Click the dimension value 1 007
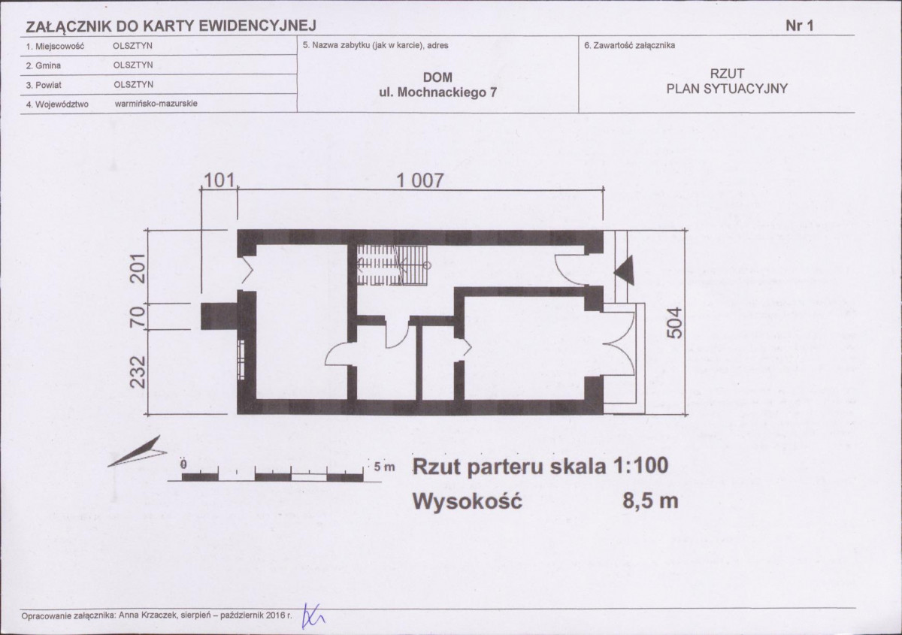tap(420, 181)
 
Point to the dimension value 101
tap(219, 180)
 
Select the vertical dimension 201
tap(138, 268)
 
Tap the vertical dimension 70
tap(138, 316)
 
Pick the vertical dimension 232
tap(138, 372)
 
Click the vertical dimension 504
tap(674, 322)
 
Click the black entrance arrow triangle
tap(624, 271)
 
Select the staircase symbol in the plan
tap(392, 265)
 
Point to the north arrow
tap(137, 452)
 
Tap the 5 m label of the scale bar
tap(385, 467)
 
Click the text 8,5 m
tap(650, 501)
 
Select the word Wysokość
tap(467, 501)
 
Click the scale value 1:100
tap(640, 466)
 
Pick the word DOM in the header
tap(437, 77)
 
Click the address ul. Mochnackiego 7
tap(437, 92)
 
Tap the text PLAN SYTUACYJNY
tap(728, 89)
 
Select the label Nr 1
tap(800, 26)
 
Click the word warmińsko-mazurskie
tap(156, 104)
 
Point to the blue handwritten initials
tap(313, 615)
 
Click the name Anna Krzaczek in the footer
tap(149, 615)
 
